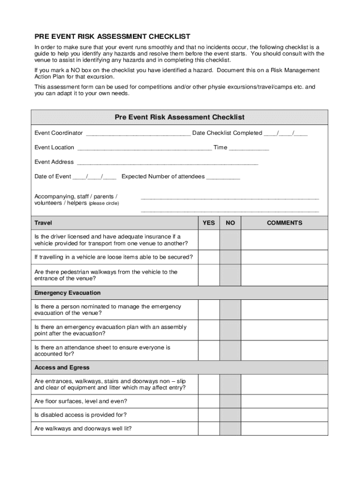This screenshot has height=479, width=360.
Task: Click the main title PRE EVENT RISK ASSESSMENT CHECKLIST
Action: [112, 36]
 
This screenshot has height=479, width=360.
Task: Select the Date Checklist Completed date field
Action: [286, 134]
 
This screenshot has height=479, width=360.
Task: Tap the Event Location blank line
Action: [144, 148]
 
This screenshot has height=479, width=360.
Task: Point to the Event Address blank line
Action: [167, 163]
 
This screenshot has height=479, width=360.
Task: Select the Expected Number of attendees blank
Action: [223, 177]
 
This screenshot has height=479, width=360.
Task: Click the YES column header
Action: [209, 223]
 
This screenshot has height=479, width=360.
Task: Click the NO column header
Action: [230, 223]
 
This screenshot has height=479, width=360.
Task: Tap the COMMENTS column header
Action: [284, 223]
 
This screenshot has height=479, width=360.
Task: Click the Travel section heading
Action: [43, 223]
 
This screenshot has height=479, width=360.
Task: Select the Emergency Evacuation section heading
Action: [67, 293]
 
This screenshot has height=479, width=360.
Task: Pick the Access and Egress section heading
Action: [62, 368]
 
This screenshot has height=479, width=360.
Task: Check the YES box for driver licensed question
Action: [209, 240]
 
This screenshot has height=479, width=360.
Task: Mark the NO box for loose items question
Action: [230, 257]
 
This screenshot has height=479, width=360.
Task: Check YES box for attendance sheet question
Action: [209, 351]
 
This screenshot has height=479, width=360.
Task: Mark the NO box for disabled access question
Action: [230, 415]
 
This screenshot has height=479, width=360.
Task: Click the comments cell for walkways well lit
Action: [284, 428]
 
